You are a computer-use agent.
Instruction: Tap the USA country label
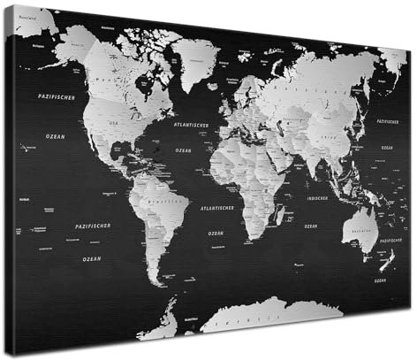click(113, 122)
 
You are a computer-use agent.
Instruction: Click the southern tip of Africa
click(251, 239)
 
